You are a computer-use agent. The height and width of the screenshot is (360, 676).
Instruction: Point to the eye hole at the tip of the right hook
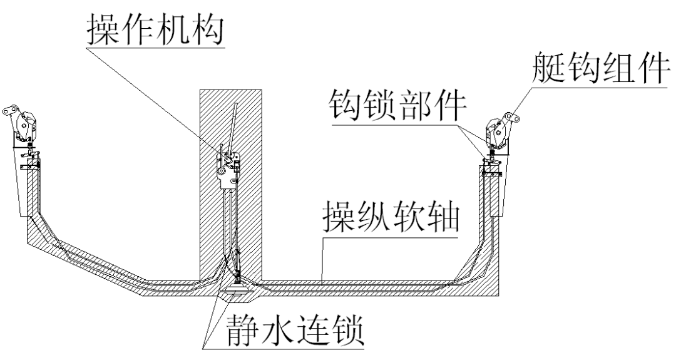click(513, 117)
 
